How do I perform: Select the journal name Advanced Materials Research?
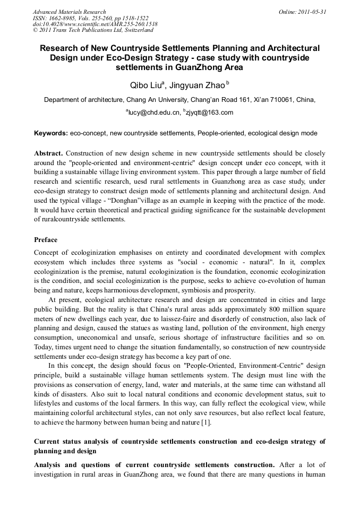[69, 12]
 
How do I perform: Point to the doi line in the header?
[95, 24]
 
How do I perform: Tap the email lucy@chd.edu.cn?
[151, 113]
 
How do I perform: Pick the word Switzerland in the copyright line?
[135, 31]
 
